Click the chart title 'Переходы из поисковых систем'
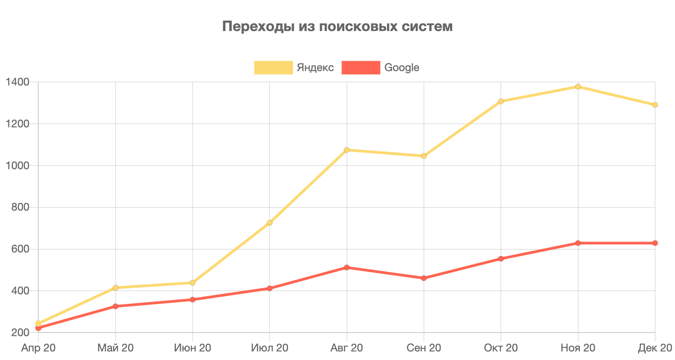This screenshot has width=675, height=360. (337, 27)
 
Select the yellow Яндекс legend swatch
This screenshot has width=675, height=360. (274, 67)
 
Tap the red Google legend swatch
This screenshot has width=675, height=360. (361, 67)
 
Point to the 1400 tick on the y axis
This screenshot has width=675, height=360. (18, 82)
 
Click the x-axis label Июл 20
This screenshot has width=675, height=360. (270, 348)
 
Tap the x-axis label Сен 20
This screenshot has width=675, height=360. (423, 348)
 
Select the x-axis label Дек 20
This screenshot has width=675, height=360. (655, 348)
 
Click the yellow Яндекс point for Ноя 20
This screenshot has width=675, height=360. (578, 86)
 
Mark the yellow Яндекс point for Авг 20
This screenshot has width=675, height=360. (346, 150)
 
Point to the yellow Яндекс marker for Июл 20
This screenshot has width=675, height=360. (270, 223)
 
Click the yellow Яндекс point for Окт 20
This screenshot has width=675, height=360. (501, 101)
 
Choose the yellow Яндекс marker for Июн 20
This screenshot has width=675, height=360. (193, 283)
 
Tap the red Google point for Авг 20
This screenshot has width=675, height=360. (346, 267)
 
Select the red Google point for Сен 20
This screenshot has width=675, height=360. (423, 278)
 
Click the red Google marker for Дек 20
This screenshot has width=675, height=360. (655, 243)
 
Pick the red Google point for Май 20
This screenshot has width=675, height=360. (115, 306)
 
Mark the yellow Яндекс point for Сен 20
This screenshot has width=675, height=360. (423, 156)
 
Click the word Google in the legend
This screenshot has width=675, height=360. (401, 67)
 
